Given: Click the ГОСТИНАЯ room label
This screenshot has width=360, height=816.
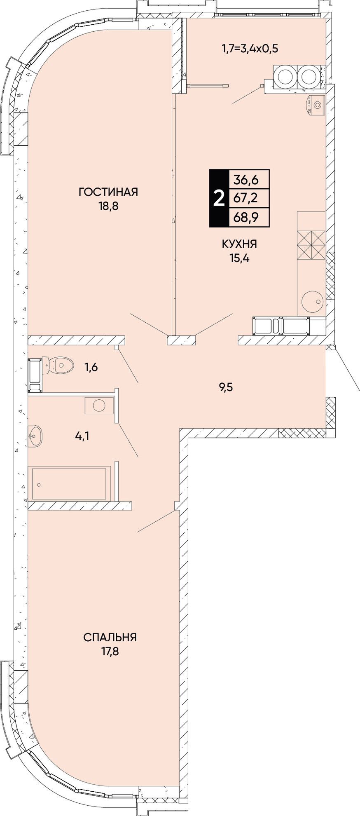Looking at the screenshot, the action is pyautogui.click(x=108, y=192).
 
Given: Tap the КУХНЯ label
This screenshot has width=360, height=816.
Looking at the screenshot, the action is pyautogui.click(x=239, y=244).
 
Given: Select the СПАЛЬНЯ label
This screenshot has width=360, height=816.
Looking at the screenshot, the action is pyautogui.click(x=110, y=638).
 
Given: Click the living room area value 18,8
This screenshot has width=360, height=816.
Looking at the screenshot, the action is pyautogui.click(x=108, y=206).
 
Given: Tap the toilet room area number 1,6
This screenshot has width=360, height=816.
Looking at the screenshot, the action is pyautogui.click(x=91, y=367).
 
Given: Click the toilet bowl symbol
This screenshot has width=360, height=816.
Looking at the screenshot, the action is pyautogui.click(x=60, y=364).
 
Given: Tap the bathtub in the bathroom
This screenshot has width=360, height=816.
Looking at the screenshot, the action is pyautogui.click(x=69, y=483).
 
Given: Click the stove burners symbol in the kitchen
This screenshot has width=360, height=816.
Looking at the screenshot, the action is pyautogui.click(x=311, y=246).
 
